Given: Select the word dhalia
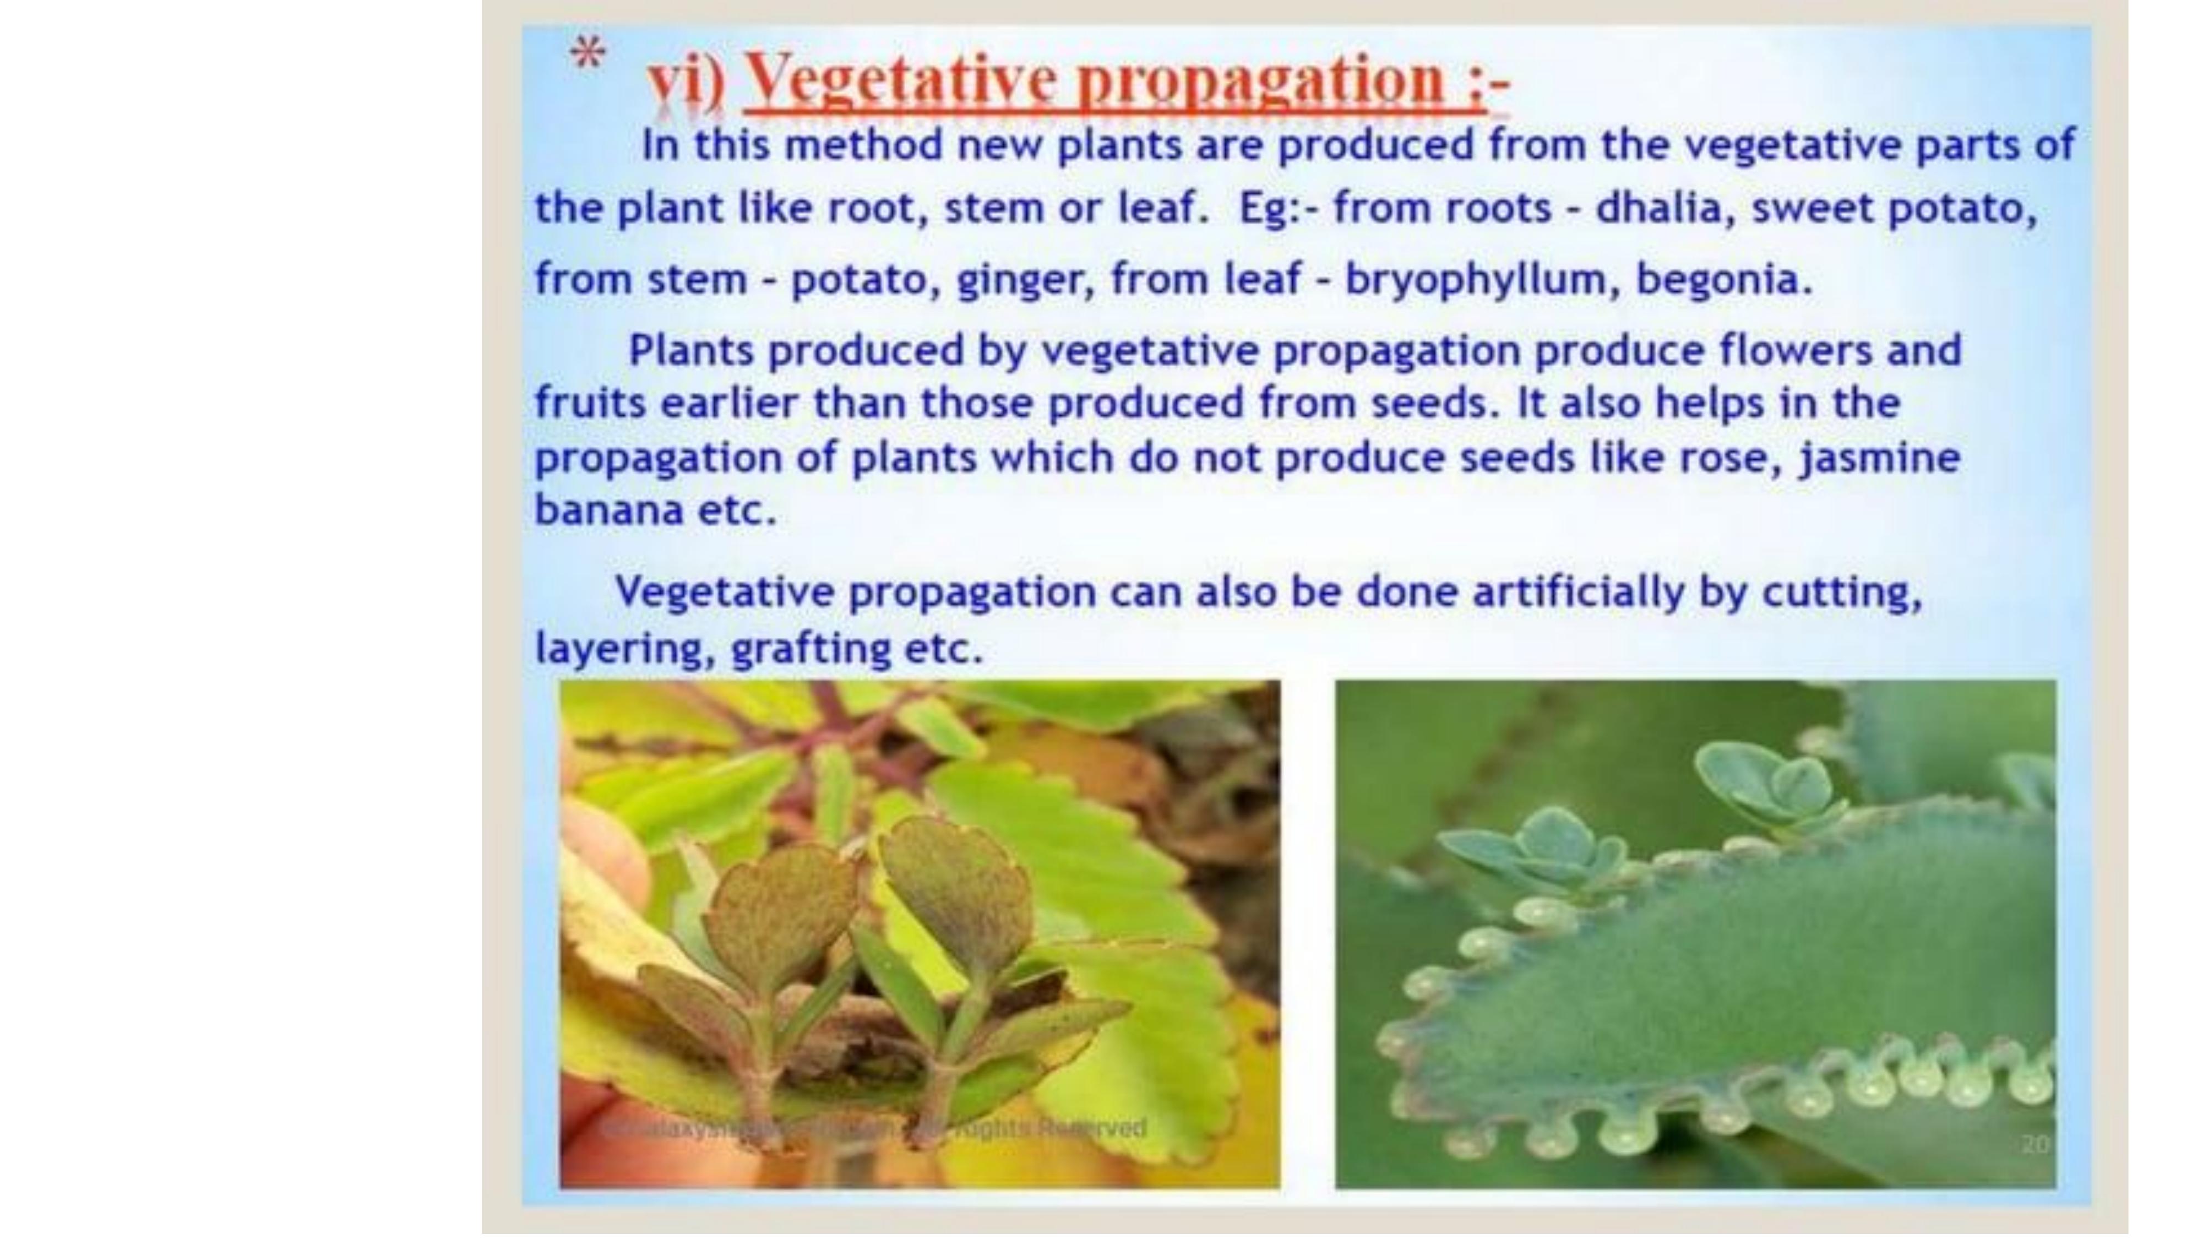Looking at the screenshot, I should tap(1657, 208).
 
